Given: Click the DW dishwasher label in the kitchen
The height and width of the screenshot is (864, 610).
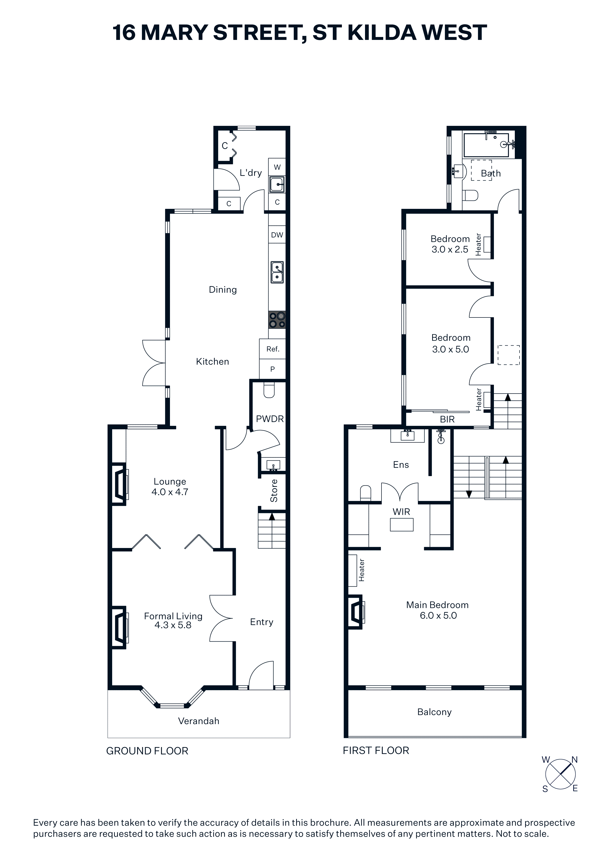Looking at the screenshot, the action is click(277, 235).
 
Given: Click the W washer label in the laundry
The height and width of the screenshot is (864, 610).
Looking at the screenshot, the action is click(277, 167).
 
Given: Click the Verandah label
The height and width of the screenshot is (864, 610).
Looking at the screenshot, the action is click(198, 721).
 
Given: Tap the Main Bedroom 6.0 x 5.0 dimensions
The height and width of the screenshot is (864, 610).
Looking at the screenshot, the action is click(438, 616).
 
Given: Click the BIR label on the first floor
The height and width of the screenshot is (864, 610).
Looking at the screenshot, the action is click(447, 419).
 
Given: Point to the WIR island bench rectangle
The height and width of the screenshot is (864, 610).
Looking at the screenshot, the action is click(402, 525).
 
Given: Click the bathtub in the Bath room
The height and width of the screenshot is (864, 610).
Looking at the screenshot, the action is click(487, 145).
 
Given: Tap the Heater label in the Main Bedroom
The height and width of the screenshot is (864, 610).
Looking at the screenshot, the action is click(362, 570).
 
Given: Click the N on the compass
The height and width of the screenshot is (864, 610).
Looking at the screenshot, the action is click(574, 760).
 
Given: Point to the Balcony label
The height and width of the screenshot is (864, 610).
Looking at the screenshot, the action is click(434, 712).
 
